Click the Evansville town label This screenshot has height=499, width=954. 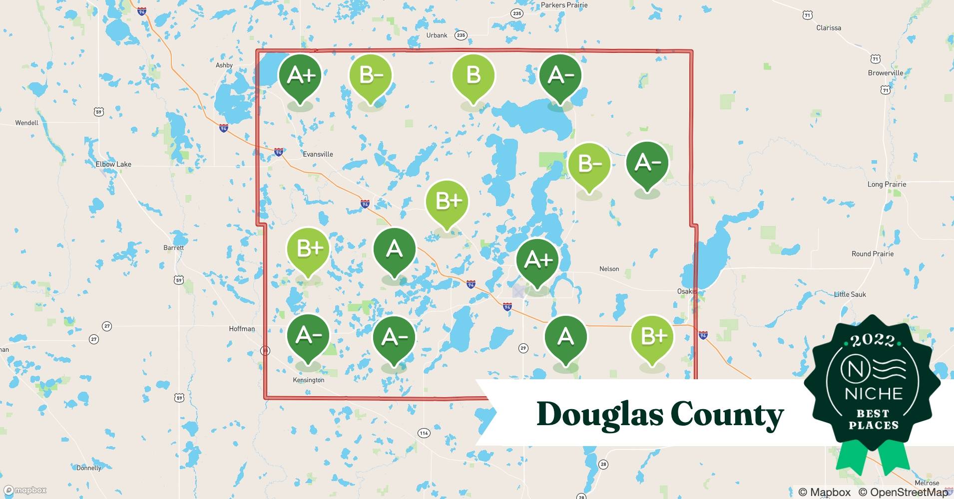click(318, 154)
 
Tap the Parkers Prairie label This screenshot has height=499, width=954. click(564, 5)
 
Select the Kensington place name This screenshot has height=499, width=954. click(308, 380)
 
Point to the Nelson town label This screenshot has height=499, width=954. click(609, 269)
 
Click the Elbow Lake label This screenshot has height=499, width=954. click(113, 164)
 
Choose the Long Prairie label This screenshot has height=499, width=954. click(887, 184)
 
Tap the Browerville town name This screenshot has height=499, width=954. click(886, 73)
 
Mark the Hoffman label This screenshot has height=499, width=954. click(242, 329)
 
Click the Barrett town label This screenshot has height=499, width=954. click(173, 248)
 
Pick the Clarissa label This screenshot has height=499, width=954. click(829, 28)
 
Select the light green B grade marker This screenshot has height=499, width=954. click(473, 76)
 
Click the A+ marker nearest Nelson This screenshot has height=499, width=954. click(537, 260)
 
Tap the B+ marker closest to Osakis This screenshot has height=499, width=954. click(652, 337)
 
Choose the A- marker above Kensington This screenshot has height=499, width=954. click(308, 336)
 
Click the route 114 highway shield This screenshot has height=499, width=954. click(424, 433)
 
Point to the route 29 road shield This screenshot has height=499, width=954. click(523, 348)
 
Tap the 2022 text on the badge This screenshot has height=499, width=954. click(873, 340)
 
